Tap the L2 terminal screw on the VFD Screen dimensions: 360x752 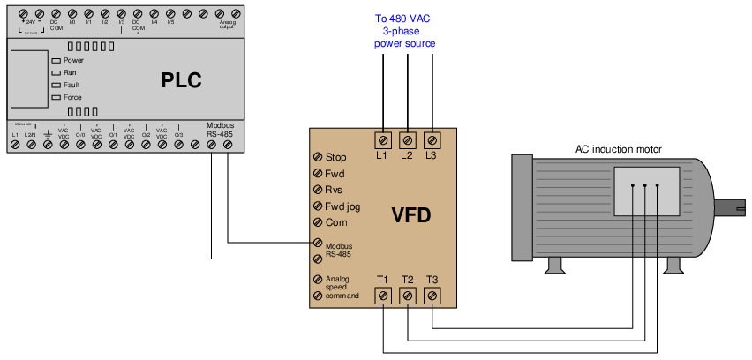408,139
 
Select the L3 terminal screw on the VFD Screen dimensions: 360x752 432,139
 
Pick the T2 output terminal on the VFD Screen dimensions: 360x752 408,296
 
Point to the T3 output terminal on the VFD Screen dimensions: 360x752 432,296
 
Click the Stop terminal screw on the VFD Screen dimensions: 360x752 317,157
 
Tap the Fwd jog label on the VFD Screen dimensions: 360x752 343,206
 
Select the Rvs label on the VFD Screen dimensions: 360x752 335,190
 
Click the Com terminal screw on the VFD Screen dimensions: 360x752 317,222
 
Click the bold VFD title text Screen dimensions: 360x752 410,214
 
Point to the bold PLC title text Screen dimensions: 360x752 181,82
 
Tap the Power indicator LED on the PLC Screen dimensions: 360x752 56,60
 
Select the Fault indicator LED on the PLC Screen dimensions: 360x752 56,85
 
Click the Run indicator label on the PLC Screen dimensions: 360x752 70,72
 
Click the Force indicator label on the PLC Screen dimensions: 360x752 73,97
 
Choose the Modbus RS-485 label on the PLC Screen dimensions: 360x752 220,131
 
